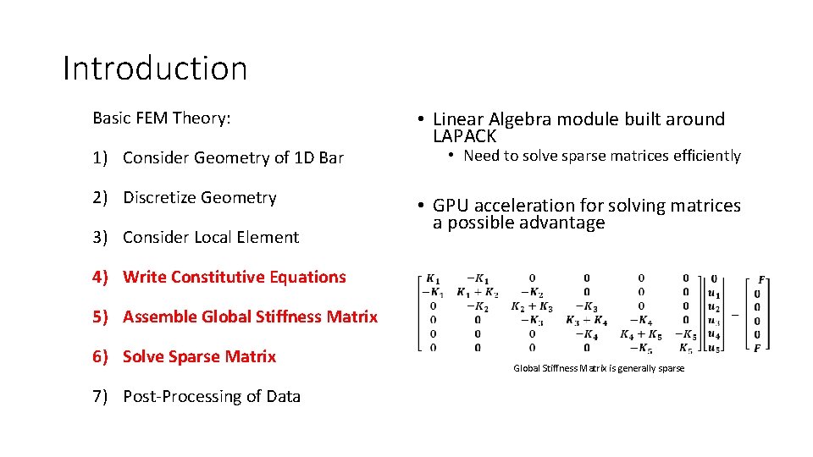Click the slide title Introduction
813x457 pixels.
coord(155,69)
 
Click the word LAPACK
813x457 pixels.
coord(464,136)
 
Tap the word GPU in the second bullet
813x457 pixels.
coord(451,206)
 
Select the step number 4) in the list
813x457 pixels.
coord(102,277)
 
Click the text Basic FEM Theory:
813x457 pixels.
coord(161,118)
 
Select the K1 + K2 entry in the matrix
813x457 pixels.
coord(478,292)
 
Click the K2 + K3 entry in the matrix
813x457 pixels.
coord(532,306)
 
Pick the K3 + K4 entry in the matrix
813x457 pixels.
coord(586,320)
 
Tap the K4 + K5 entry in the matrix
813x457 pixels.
coord(641,333)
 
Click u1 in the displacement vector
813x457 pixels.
coord(714,293)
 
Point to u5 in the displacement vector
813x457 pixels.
coord(714,347)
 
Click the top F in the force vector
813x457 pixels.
coord(760,278)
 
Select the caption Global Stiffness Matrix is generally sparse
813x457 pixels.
coord(599,368)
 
